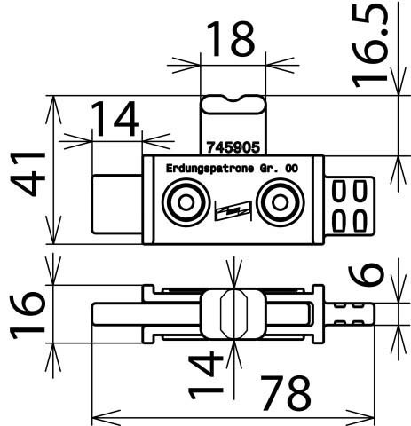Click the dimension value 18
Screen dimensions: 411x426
(x=230, y=39)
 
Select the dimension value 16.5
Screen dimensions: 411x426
(x=370, y=44)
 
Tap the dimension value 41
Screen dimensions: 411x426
(x=28, y=174)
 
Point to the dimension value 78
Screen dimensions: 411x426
(x=286, y=393)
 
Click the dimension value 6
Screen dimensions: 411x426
(x=366, y=276)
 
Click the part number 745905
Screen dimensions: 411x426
(x=233, y=147)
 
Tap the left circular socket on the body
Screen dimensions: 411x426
(x=186, y=202)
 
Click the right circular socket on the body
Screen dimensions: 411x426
(x=280, y=202)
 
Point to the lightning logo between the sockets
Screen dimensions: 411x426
(x=233, y=210)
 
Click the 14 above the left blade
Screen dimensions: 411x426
(x=115, y=119)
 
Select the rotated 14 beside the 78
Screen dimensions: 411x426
(x=205, y=375)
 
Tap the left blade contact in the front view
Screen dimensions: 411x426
(x=117, y=205)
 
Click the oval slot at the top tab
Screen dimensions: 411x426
(x=233, y=105)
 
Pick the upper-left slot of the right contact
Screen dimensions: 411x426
(x=339, y=192)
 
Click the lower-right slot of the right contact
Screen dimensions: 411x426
(x=360, y=220)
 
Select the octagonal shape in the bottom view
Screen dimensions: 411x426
(x=233, y=314)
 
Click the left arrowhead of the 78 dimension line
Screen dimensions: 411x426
(x=107, y=418)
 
